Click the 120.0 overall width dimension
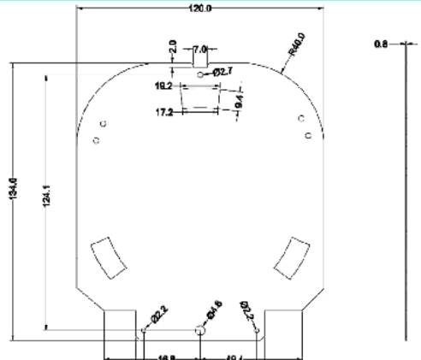(201, 7)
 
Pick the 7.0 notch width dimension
(200, 49)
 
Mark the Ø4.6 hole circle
(200, 329)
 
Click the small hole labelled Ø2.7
(200, 75)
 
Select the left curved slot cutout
(106, 254)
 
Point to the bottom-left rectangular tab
(120, 333)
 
